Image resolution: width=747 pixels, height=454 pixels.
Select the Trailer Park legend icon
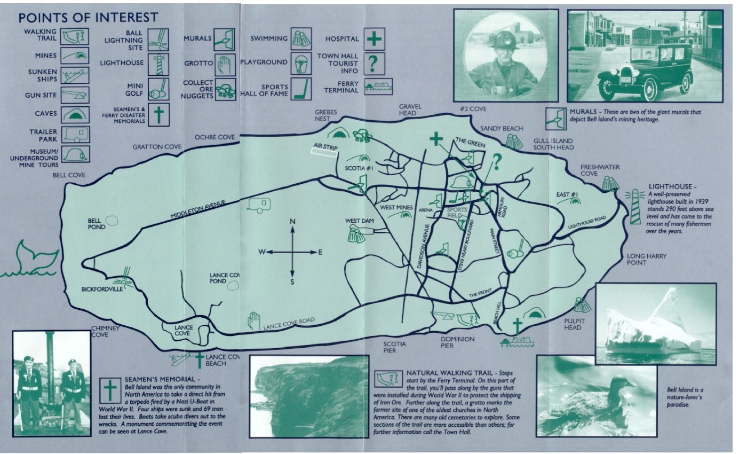[76, 134]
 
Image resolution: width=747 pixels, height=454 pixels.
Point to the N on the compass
[292, 222]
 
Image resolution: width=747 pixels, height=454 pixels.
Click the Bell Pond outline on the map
[113, 221]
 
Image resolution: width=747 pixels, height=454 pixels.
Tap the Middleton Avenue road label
[198, 209]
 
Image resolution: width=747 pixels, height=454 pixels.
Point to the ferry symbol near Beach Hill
[517, 342]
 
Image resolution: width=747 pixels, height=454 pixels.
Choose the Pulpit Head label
[573, 324]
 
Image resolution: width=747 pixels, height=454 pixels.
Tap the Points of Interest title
[88, 18]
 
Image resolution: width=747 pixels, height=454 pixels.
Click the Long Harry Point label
[647, 259]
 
